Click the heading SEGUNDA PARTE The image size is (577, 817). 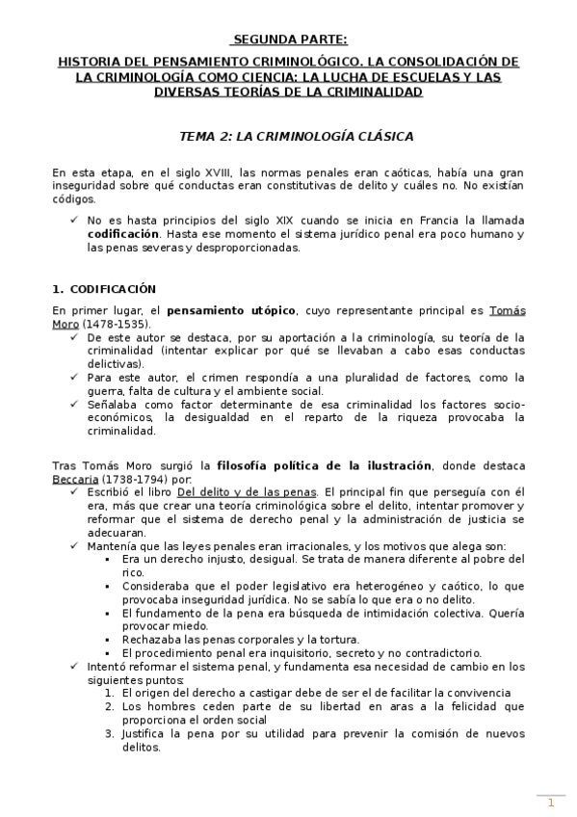point(288,40)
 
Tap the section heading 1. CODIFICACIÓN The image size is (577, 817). point(104,289)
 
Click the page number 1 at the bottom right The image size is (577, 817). point(551,803)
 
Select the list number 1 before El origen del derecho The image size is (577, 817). point(110,693)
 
